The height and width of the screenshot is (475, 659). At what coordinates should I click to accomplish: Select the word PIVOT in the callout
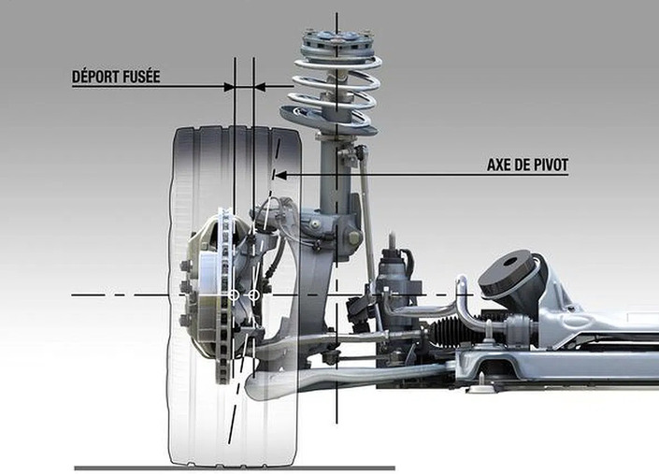(x=549, y=165)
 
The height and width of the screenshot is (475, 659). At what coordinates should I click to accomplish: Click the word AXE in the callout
(x=500, y=165)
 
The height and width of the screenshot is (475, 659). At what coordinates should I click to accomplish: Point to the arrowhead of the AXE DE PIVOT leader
(x=277, y=174)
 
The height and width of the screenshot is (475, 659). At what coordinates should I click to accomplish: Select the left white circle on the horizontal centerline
(x=234, y=295)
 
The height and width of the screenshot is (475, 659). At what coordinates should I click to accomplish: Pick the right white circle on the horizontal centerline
(x=253, y=295)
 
